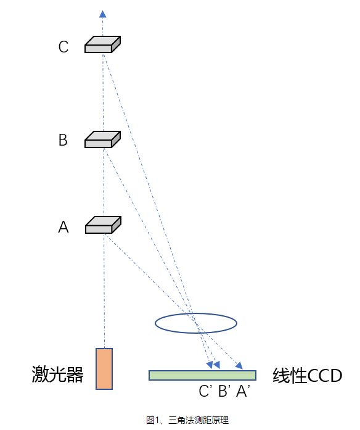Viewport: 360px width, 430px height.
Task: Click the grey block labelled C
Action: pos(102,45)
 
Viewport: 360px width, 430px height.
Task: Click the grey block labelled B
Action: pos(102,140)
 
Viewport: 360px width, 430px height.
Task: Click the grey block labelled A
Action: pos(102,226)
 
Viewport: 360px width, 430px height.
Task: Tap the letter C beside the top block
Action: pos(63,47)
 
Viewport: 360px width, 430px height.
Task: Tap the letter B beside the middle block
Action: pos(62,141)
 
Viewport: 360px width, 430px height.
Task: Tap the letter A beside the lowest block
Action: pos(63,228)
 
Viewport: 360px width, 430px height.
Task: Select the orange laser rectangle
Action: pos(104,369)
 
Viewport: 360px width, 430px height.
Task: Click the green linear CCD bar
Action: pos(202,375)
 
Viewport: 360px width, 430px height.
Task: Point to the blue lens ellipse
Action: pos(195,323)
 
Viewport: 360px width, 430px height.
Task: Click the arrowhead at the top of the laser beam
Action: pos(103,13)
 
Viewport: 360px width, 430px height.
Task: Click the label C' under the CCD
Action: pos(206,391)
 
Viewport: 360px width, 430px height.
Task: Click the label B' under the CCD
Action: pos(224,391)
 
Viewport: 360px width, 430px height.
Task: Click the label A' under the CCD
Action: pos(243,391)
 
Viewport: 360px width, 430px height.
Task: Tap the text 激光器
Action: pos(57,374)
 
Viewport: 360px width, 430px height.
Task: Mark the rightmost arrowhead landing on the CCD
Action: pos(239,366)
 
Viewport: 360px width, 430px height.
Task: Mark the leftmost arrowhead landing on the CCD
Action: pos(210,365)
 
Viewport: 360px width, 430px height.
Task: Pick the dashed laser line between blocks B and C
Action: pos(103,93)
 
